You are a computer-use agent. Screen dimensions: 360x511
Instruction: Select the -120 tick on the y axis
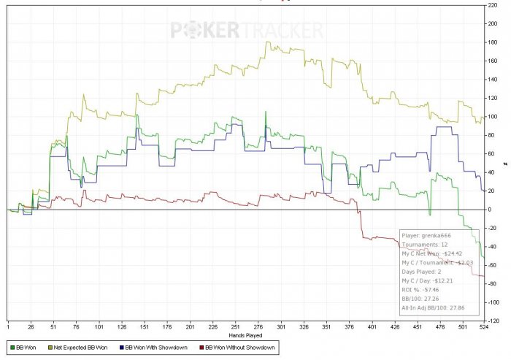[x=493, y=321]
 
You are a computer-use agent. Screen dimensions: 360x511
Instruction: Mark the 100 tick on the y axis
[x=493, y=117]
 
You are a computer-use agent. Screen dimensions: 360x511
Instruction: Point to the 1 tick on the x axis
[x=8, y=326]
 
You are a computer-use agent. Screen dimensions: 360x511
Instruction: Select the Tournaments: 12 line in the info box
[x=425, y=244]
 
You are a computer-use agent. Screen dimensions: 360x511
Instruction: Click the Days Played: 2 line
[x=423, y=270]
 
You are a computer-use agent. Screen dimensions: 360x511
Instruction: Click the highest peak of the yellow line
[x=267, y=42]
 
